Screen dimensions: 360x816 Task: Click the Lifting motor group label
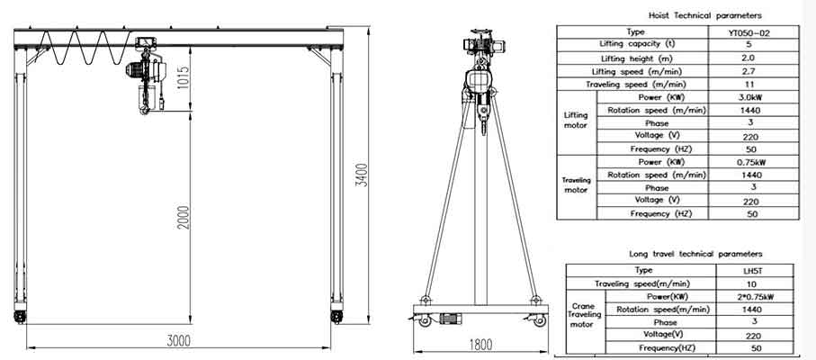(576, 121)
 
